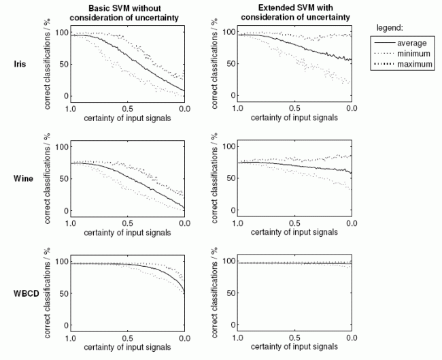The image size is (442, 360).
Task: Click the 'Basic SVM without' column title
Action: click(126, 7)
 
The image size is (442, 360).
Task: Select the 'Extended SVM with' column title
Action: click(294, 7)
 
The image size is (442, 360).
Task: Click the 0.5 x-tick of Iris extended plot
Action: click(294, 108)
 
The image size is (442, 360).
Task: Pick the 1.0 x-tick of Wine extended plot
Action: click(237, 223)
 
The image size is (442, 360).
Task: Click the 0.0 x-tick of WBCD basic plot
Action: click(184, 338)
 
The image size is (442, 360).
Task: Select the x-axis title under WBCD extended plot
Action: click(294, 348)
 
